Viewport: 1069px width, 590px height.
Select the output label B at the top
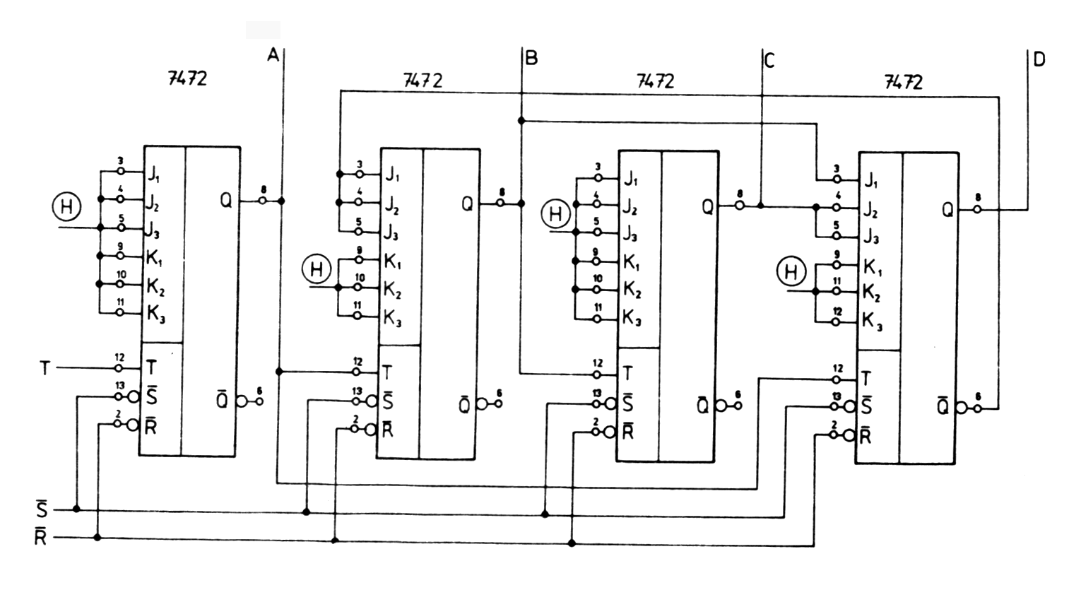[x=531, y=58]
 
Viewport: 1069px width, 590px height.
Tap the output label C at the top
[x=769, y=61]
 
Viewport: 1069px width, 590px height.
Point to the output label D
[x=1038, y=59]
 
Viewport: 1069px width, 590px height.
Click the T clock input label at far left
[x=45, y=368]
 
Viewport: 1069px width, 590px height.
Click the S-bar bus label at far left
[x=42, y=509]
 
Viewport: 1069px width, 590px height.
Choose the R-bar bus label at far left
[x=41, y=538]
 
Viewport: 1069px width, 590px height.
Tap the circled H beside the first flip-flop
[x=66, y=207]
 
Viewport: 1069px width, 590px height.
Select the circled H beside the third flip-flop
[x=556, y=213]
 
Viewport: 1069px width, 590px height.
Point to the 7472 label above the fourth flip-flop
[x=903, y=83]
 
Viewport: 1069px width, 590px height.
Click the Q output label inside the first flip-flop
[x=225, y=201]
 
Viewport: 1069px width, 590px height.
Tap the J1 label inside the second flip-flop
[x=393, y=175]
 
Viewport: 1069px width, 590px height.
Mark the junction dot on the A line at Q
[x=281, y=201]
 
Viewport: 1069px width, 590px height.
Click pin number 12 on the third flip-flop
[x=598, y=363]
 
